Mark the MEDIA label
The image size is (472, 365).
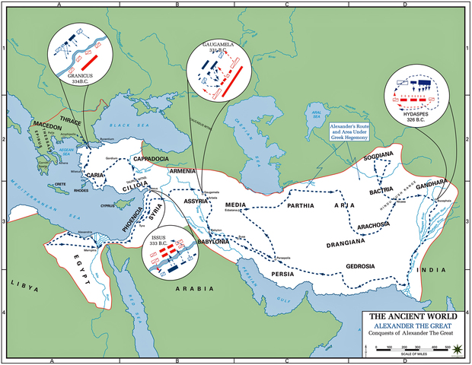pyautogui.click(x=238, y=205)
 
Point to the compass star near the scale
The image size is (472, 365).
pyautogui.click(x=457, y=349)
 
